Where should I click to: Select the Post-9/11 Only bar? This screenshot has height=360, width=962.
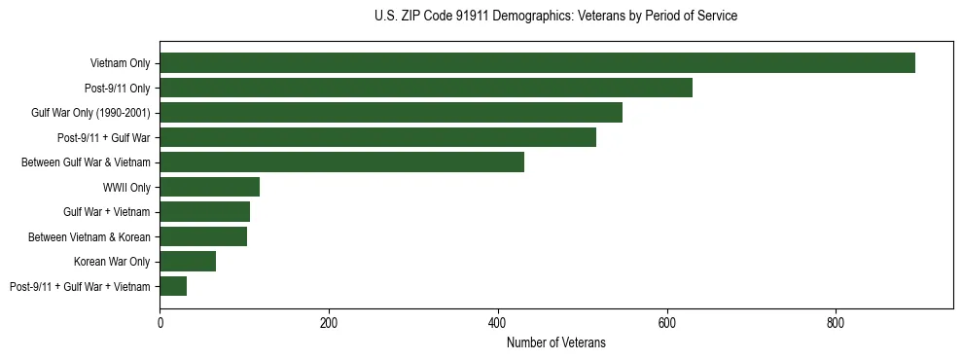(x=426, y=88)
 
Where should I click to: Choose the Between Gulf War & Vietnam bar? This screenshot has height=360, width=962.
(x=341, y=162)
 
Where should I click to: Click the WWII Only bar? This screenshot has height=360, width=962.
(x=209, y=187)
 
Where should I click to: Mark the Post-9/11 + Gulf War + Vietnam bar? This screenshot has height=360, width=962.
(x=173, y=286)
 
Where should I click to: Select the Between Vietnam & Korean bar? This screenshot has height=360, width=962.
(x=203, y=236)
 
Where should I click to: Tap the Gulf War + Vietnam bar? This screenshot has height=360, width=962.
(x=204, y=212)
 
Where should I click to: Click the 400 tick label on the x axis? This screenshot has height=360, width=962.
(x=498, y=323)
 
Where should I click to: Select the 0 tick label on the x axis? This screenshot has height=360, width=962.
(x=160, y=323)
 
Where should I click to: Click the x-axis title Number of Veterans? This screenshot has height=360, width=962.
(x=555, y=342)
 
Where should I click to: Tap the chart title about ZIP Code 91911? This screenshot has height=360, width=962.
(x=555, y=17)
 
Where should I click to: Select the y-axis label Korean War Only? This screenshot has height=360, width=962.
(x=112, y=261)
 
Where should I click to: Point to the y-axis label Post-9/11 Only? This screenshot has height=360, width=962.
(x=118, y=88)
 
